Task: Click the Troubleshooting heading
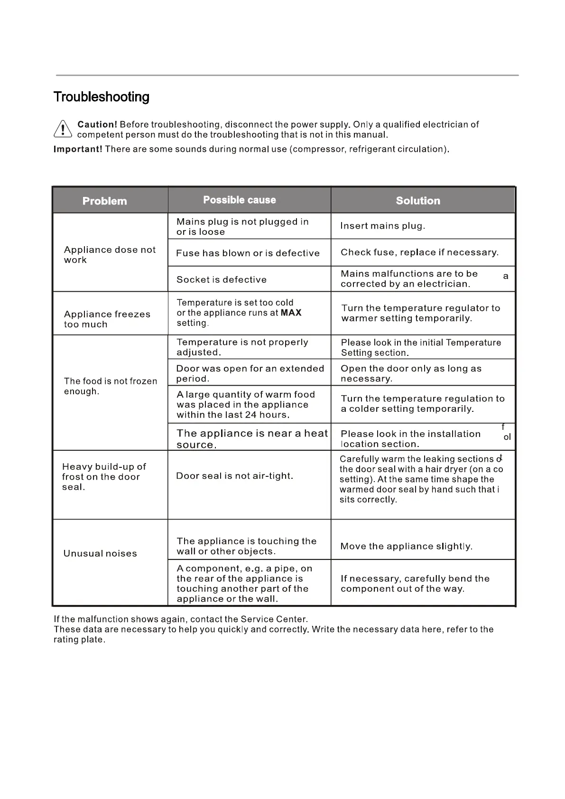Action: coord(101,97)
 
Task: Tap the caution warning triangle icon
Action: coord(63,129)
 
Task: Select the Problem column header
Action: coord(105,201)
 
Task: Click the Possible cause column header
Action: coord(240,200)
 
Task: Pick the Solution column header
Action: coord(418,201)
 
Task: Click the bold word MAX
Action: coord(291,313)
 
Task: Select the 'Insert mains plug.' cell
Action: coord(382,226)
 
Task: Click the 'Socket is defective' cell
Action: coord(222,279)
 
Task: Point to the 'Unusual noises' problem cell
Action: coord(100,553)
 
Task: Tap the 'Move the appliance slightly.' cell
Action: coord(406,546)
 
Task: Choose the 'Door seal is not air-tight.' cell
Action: coord(234,476)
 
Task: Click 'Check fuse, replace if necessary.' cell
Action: coord(419,252)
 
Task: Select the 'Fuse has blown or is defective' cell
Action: coord(248,253)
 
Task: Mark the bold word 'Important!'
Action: coord(78,149)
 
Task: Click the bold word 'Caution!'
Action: coord(97,124)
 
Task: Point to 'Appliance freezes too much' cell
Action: coord(107,319)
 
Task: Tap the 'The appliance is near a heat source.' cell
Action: coord(252,438)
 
